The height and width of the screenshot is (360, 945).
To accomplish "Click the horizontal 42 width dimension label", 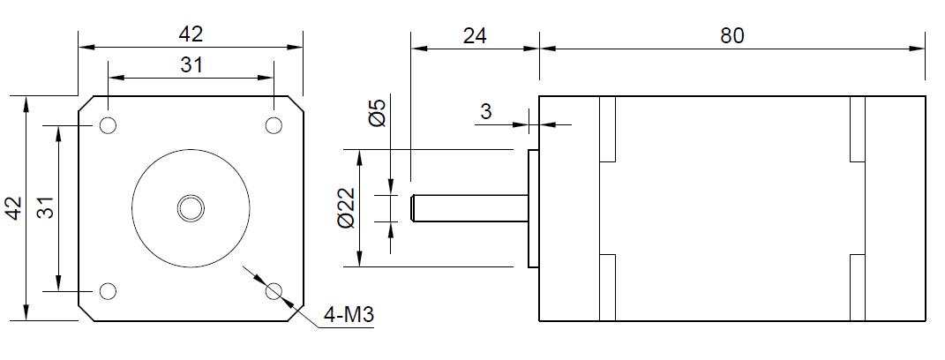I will point(191,34).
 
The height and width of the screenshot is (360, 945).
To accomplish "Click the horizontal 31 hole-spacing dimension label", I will point(191,64).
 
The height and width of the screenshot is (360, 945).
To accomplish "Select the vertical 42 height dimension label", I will point(13,208).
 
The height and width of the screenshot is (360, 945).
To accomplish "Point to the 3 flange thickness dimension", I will point(486,111).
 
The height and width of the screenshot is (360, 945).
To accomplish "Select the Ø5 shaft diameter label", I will point(378,114).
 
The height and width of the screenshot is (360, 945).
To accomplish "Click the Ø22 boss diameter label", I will point(347,208).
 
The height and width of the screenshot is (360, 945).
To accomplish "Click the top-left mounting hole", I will point(109,124).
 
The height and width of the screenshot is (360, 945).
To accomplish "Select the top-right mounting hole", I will point(274,124).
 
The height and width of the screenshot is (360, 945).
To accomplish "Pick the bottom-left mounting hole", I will point(109,291).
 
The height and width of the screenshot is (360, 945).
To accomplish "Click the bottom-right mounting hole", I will point(274,290).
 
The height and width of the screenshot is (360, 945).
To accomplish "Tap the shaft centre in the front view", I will point(191,208).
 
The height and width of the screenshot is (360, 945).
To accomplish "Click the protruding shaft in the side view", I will point(468,208).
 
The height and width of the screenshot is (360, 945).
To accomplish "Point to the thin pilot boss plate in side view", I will point(533,208).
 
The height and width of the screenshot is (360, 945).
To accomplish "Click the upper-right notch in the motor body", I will point(857,129).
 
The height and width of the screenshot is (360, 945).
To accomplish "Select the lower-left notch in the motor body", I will point(607,288).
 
